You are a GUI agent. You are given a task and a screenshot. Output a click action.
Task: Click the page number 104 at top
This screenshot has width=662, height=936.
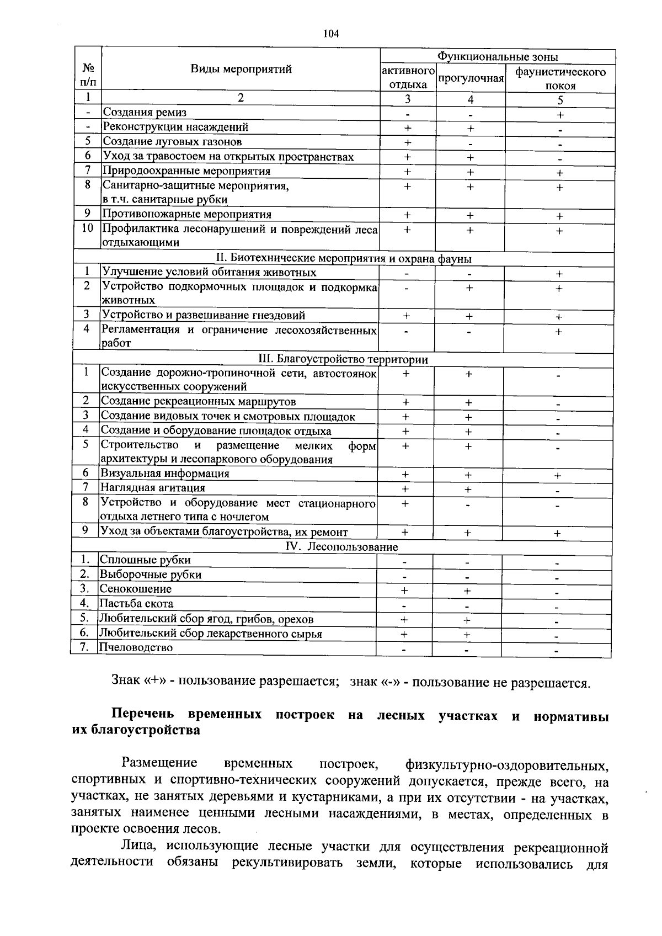click(331, 34)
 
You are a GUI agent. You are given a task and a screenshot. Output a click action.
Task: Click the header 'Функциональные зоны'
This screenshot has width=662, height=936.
click(498, 57)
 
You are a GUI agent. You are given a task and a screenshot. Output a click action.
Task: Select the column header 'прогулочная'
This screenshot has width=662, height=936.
click(471, 78)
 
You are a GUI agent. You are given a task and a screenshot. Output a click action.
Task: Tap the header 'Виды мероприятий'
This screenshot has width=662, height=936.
click(241, 69)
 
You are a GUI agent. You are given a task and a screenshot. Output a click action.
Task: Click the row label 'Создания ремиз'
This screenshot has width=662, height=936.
click(145, 113)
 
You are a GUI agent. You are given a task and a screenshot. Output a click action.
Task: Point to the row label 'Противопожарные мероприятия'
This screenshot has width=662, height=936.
click(187, 214)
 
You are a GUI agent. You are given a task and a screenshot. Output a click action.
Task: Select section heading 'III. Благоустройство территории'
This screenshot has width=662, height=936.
click(343, 360)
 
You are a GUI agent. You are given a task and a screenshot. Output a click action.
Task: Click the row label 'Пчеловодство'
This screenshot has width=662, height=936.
click(136, 647)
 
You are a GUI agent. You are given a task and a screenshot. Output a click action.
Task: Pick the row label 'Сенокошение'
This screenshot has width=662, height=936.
click(135, 589)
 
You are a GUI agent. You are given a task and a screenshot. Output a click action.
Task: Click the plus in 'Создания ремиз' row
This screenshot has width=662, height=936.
click(560, 115)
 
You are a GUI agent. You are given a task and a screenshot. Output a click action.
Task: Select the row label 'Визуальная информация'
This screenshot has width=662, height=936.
click(164, 474)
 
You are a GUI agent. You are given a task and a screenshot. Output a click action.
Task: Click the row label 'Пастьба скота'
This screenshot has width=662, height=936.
click(136, 604)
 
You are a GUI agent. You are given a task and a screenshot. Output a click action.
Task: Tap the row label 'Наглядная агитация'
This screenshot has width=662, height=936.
click(152, 488)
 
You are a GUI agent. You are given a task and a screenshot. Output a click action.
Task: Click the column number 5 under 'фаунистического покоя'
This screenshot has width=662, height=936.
click(560, 100)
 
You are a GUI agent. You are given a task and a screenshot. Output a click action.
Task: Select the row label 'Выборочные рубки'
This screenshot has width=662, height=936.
click(150, 575)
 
